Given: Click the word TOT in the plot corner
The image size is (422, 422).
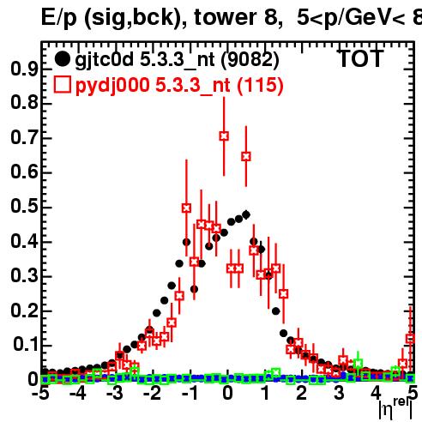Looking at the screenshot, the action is click(x=361, y=58).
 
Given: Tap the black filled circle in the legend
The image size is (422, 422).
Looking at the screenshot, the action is click(x=62, y=59).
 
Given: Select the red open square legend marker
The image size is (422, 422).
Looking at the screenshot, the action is click(x=62, y=85).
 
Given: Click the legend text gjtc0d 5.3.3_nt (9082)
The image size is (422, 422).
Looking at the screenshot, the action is click(x=177, y=61).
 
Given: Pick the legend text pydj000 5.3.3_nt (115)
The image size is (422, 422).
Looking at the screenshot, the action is click(x=179, y=86).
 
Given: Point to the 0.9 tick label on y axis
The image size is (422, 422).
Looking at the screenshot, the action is click(x=24, y=69).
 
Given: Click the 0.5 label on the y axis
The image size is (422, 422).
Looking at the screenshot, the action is click(x=24, y=207).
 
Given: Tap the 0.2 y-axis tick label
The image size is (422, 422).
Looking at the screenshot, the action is click(x=24, y=310).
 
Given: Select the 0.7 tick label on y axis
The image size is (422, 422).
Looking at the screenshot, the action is click(x=24, y=138).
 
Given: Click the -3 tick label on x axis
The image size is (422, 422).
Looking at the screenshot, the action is click(x=116, y=394).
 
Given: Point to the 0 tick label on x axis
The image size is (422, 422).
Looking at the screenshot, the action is click(x=227, y=394).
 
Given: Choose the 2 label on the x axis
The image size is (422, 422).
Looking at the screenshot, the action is click(x=302, y=394).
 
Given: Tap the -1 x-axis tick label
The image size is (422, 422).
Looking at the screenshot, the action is click(x=190, y=394).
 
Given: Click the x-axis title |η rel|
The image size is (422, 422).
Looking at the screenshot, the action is click(x=395, y=408).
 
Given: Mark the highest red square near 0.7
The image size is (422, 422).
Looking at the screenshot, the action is click(x=224, y=136).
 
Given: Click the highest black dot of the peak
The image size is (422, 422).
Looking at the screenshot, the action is click(x=246, y=214).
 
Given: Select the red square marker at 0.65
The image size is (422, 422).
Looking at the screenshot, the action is click(x=246, y=157).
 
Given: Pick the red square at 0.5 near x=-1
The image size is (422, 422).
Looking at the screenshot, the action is click(x=186, y=208).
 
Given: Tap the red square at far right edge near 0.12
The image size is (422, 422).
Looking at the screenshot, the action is click(x=411, y=339).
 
